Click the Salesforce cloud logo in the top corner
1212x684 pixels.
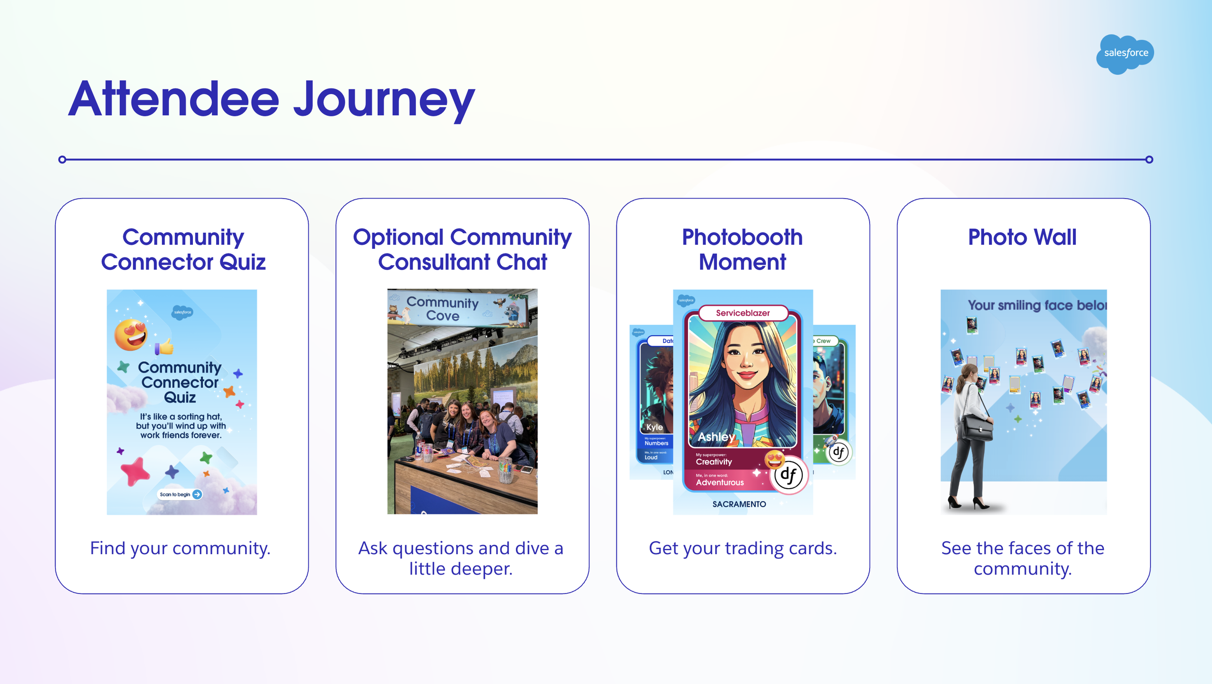1125,53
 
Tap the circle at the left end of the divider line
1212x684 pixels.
62,159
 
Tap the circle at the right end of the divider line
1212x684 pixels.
1149,159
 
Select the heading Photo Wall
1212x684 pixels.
1022,238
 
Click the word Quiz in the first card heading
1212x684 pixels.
242,262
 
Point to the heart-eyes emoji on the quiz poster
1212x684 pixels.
131,334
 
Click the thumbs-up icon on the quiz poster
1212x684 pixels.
164,347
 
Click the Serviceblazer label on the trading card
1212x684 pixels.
743,313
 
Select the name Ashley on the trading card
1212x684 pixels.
716,437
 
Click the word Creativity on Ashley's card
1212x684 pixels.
714,462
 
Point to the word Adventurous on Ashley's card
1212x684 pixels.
719,482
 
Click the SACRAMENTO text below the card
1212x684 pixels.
739,504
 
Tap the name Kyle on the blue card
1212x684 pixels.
654,427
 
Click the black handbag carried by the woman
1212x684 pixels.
977,428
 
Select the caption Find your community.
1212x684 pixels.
180,548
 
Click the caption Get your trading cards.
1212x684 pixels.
743,548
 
